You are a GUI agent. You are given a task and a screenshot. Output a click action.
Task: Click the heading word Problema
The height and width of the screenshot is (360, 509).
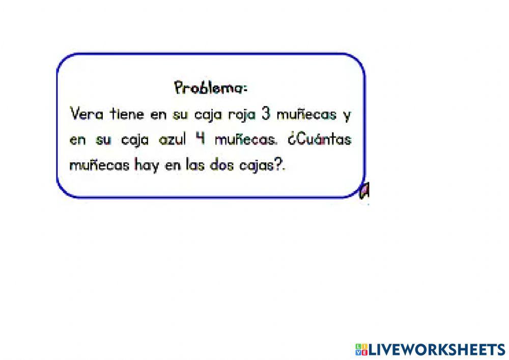click(x=210, y=88)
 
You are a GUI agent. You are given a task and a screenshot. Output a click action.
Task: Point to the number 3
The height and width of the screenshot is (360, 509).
click(x=265, y=114)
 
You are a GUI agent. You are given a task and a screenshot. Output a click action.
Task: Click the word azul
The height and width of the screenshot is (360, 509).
click(x=174, y=140)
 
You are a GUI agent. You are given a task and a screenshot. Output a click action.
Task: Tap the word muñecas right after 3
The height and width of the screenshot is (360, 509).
click(x=306, y=114)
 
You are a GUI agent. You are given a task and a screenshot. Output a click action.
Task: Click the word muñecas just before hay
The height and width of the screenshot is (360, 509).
click(x=99, y=165)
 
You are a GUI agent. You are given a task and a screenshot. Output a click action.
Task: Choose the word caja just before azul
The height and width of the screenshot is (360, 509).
click(x=135, y=140)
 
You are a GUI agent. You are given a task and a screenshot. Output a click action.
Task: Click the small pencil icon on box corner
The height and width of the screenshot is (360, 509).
click(x=364, y=190)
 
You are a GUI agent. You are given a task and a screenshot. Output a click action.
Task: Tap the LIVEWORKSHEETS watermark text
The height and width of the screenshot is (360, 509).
click(x=436, y=349)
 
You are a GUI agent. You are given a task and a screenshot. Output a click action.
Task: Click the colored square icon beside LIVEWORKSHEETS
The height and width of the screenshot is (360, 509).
click(x=360, y=349)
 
